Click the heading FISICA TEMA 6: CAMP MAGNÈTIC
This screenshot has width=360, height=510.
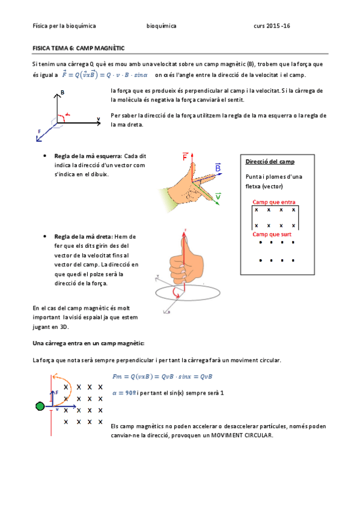pos(78,48)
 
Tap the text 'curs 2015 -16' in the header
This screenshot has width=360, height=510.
pos(272,26)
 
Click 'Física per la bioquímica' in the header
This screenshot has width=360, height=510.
pos(64,26)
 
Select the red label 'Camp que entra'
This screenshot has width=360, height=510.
pos(273,202)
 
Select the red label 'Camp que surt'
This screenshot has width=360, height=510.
pos(272,233)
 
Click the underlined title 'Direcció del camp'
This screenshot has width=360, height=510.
pos(270,162)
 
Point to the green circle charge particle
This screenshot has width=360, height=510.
pos(40,407)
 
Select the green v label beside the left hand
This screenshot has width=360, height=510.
pos(218,196)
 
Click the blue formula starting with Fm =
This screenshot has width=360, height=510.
pos(162,376)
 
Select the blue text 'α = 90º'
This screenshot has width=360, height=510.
pos(124,392)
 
